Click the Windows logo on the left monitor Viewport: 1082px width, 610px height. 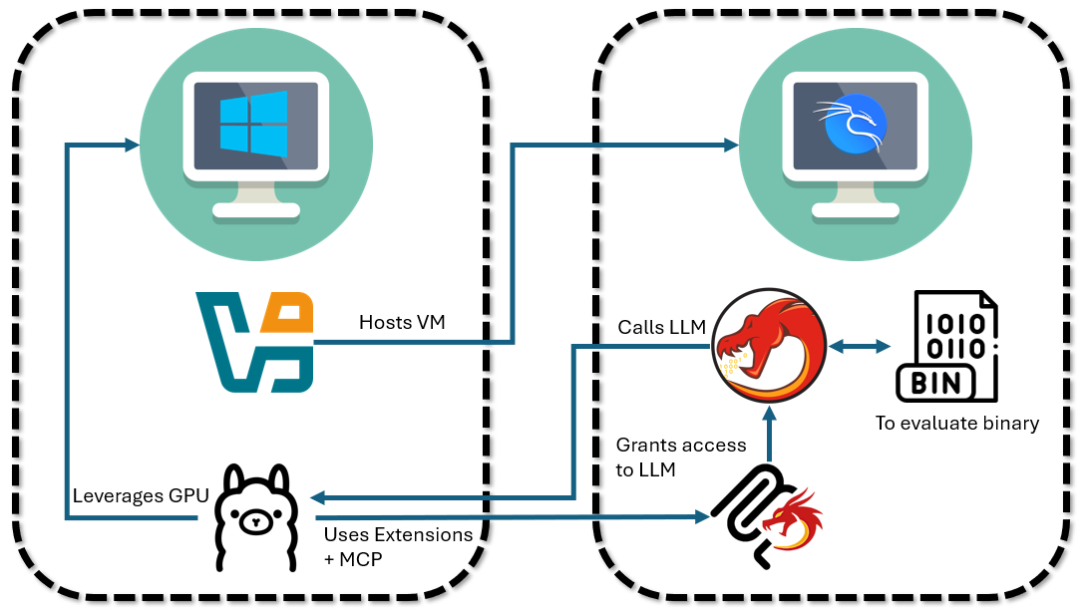253,124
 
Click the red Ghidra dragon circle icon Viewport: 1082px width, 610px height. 769,343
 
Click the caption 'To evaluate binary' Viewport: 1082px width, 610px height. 957,424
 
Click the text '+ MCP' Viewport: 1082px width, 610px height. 353,559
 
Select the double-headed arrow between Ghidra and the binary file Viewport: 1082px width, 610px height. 861,346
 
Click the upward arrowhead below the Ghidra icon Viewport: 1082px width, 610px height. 769,412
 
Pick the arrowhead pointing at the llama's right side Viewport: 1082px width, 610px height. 315,496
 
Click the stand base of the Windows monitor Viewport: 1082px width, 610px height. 255,211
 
